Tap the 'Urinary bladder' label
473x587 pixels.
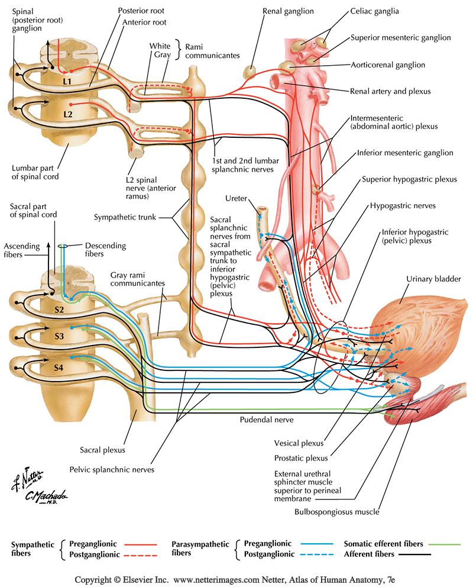[x=433, y=278]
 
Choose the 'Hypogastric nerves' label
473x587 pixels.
[x=403, y=206]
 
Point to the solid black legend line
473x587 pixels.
[x=414, y=554]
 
